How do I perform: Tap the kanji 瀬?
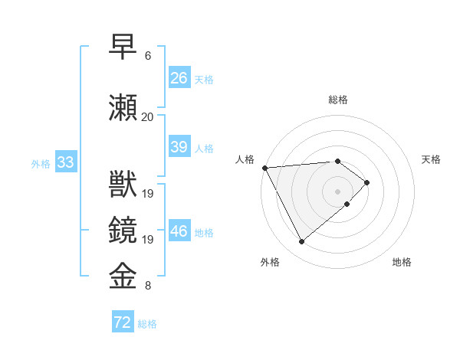pyautogui.click(x=123, y=108)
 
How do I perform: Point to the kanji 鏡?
pyautogui.click(x=123, y=231)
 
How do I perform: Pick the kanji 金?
pyautogui.click(x=123, y=277)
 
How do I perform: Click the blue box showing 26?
pyautogui.click(x=179, y=78)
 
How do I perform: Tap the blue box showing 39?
pyautogui.click(x=179, y=147)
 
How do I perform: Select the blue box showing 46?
pyautogui.click(x=179, y=231)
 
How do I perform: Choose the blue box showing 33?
pyautogui.click(x=65, y=162)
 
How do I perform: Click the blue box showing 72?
pyautogui.click(x=123, y=322)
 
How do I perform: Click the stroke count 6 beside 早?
pyautogui.click(x=148, y=56)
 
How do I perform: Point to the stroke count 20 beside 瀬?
pyautogui.click(x=148, y=117)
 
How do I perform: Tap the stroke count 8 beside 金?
pyautogui.click(x=148, y=286)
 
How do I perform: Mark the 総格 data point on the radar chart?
pyautogui.click(x=337, y=161)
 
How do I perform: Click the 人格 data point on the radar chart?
pyautogui.click(x=264, y=167)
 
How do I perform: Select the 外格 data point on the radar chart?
pyautogui.click(x=301, y=242)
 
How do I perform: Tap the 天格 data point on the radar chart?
pyautogui.click(x=367, y=182)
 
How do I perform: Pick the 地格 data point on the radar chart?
pyautogui.click(x=347, y=204)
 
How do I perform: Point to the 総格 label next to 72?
pyautogui.click(x=147, y=324)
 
